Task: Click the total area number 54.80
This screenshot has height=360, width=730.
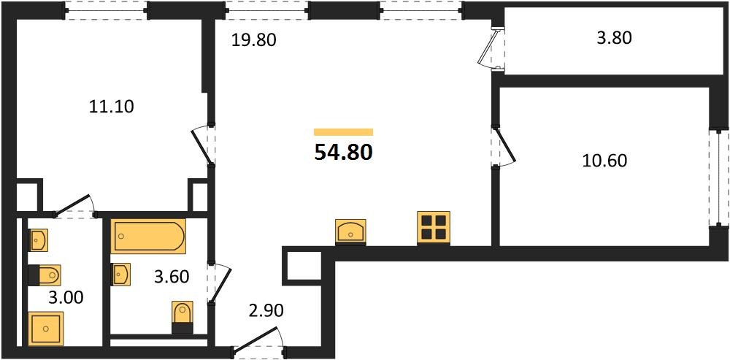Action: point(344,152)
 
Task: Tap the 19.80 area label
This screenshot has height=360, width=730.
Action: point(254,40)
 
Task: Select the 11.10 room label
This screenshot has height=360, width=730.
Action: point(111,107)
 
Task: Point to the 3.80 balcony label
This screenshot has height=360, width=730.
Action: point(614,37)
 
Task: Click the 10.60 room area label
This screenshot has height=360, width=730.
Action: point(604,161)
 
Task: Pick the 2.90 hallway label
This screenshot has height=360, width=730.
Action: point(266,310)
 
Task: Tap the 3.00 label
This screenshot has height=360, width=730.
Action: point(66,297)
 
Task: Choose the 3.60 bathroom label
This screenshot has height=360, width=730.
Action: point(172,277)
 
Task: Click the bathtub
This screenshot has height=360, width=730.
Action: point(148,236)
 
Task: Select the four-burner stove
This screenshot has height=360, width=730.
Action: point(434,228)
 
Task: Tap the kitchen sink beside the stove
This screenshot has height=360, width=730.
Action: point(350,231)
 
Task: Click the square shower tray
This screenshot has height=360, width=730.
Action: point(45,329)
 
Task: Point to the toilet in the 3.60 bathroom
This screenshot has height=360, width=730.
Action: point(182,317)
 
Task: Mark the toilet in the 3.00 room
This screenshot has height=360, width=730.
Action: point(45,275)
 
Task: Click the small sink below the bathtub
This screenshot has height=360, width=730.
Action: point(120,275)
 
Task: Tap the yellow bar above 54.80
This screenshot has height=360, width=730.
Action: point(344,131)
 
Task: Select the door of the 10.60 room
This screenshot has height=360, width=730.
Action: point(504,146)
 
